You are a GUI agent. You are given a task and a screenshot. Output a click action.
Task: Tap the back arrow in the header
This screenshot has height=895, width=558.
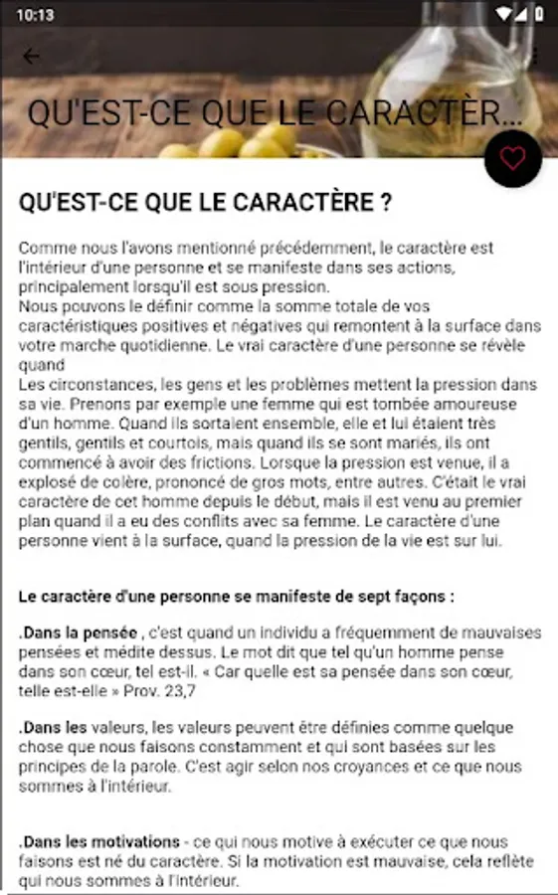[31, 56]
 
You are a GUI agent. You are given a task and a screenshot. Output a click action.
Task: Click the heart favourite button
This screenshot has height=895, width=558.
[512, 158]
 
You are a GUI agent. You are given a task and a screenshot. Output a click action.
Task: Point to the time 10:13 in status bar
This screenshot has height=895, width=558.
[35, 15]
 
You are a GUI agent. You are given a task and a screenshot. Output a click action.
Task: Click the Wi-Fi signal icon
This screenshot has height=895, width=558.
[503, 15]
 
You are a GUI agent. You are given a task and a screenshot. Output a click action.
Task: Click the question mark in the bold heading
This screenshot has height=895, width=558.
[385, 203]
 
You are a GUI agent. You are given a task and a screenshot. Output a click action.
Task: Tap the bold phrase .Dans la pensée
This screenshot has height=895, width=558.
[78, 633]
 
